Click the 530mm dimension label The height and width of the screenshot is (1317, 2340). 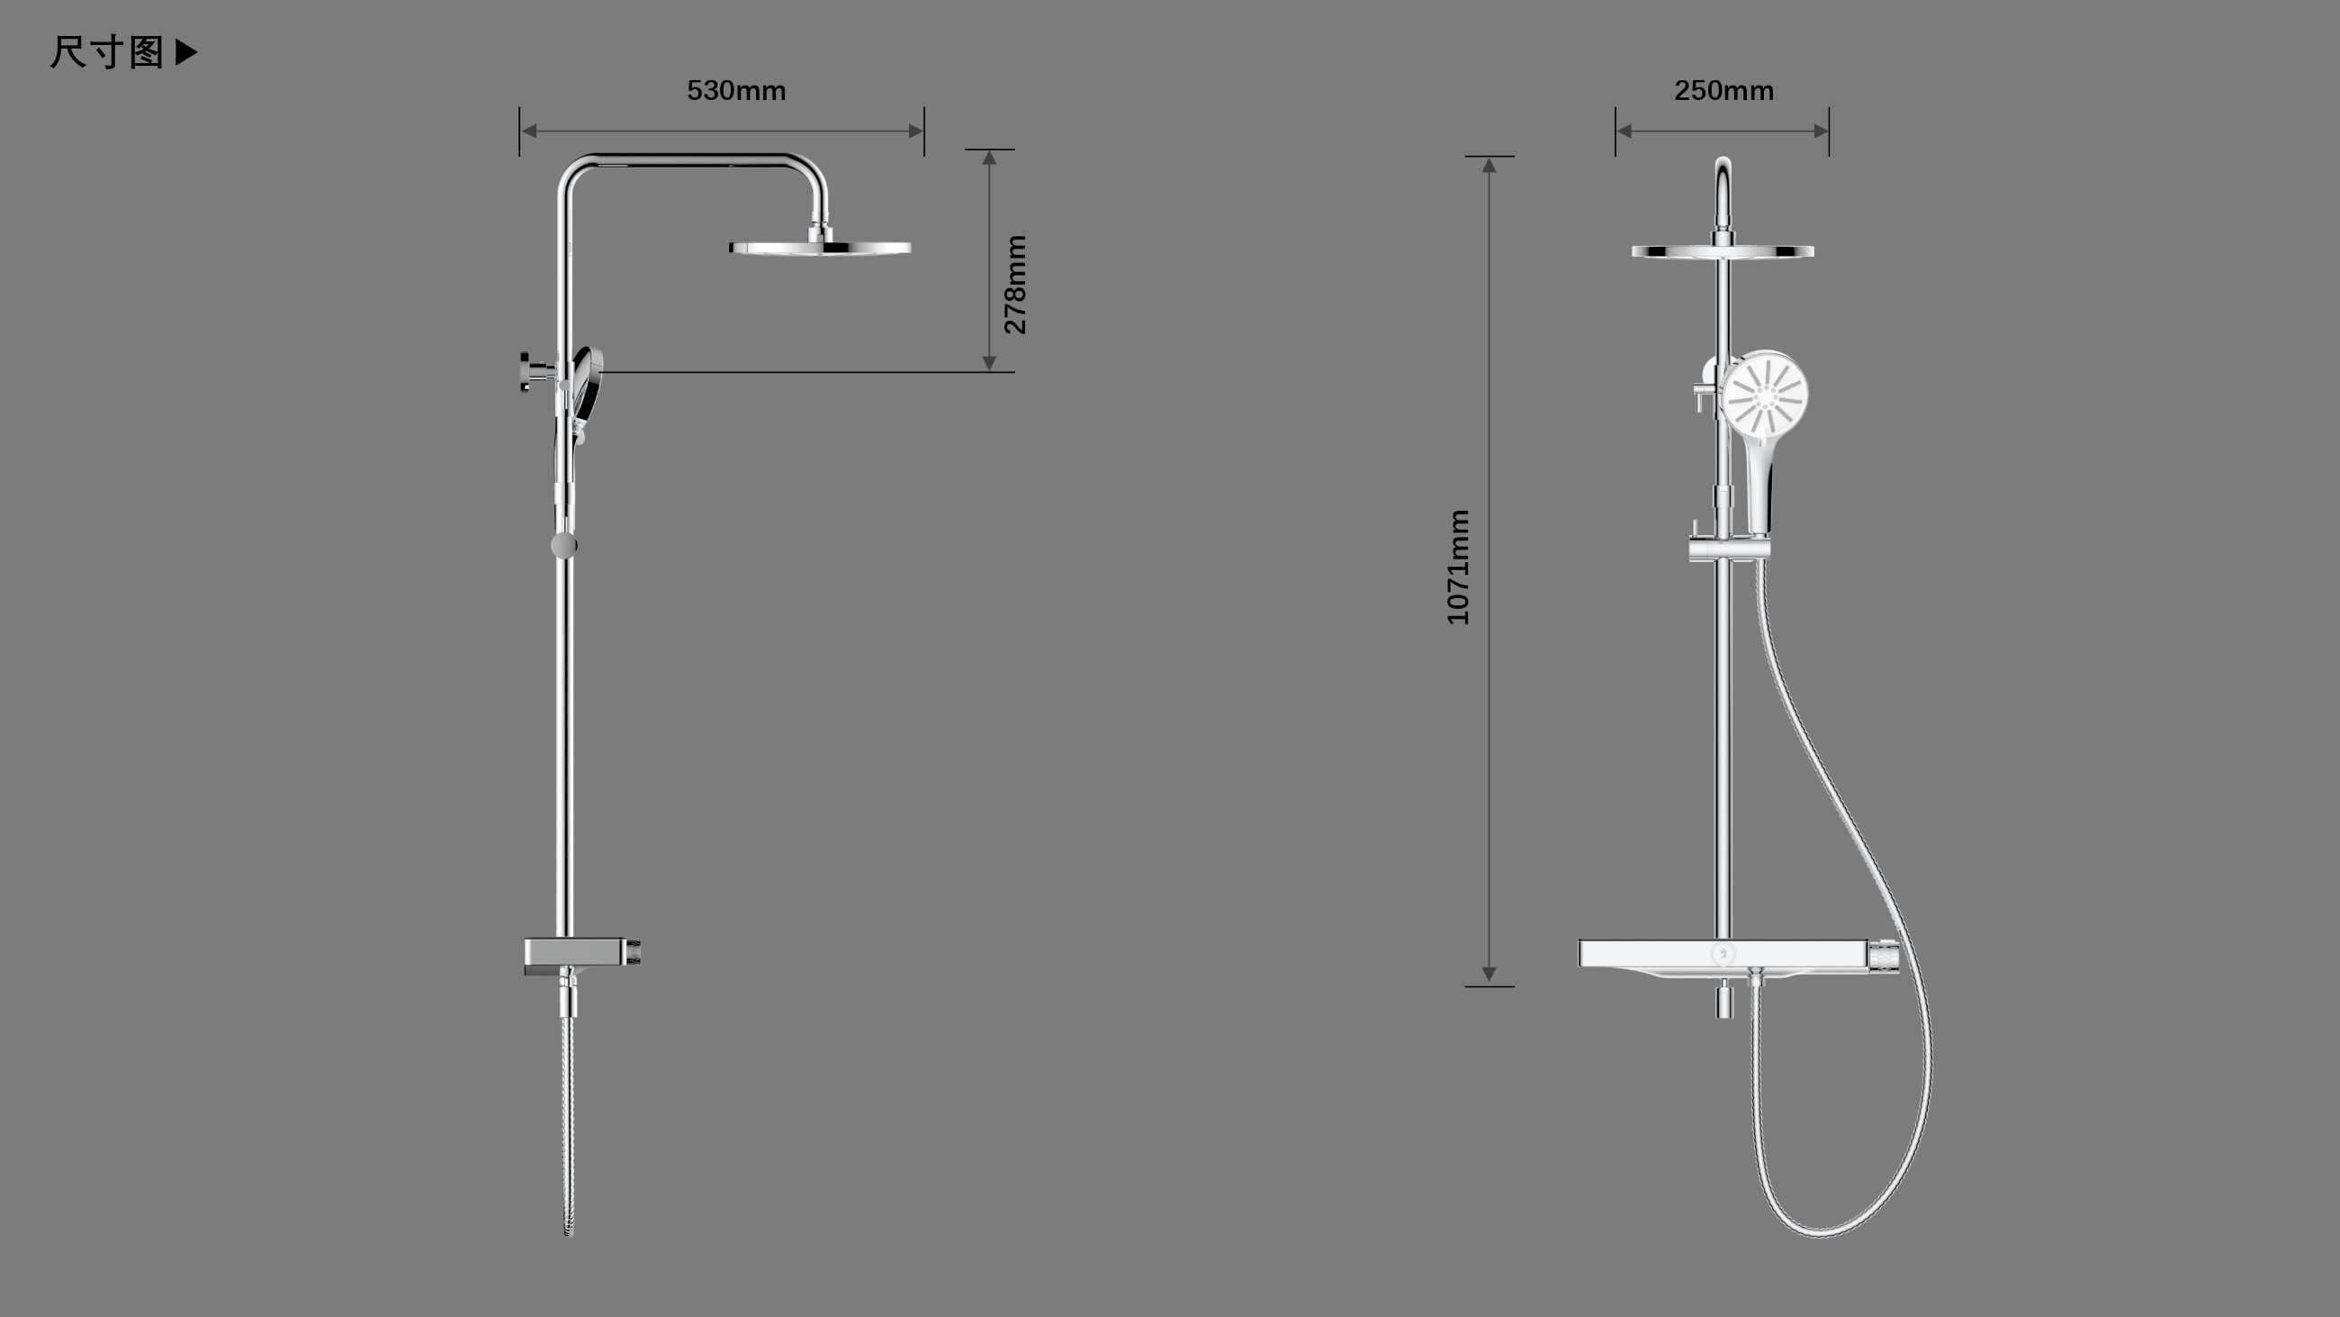[x=736, y=91]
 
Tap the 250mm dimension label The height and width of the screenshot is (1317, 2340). [x=1723, y=91]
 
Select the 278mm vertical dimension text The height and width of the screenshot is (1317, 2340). [x=1015, y=285]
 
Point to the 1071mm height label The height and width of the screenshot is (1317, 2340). [x=1458, y=568]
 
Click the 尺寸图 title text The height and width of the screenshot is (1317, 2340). [x=106, y=53]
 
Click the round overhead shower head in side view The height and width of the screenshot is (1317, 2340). [x=819, y=247]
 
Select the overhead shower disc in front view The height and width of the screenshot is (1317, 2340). [x=1723, y=250]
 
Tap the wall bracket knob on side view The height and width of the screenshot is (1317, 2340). [x=528, y=371]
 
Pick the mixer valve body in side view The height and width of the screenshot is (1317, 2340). [x=581, y=953]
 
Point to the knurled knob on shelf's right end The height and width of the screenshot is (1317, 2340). [x=1883, y=955]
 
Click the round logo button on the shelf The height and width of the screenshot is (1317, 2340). [x=1723, y=954]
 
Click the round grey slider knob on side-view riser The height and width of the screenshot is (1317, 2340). [x=563, y=545]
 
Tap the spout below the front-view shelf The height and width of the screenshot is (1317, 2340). [x=1723, y=1001]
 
